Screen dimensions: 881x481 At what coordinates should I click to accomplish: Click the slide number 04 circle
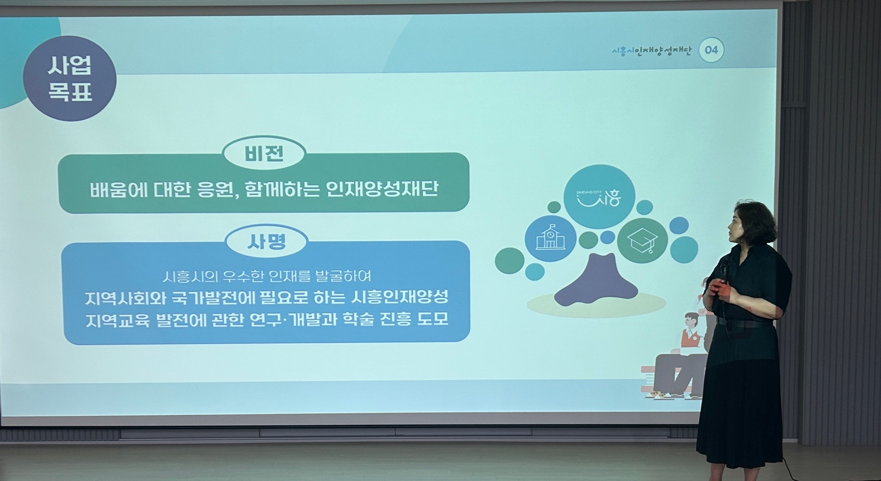click(x=711, y=50)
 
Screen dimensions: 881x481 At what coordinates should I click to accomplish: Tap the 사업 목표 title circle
click(x=69, y=78)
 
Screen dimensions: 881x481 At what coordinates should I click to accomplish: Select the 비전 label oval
click(x=264, y=154)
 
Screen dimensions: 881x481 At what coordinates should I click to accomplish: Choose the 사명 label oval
click(x=266, y=242)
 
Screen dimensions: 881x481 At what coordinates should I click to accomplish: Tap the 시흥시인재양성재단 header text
click(x=651, y=51)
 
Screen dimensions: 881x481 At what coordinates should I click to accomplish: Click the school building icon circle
click(x=550, y=238)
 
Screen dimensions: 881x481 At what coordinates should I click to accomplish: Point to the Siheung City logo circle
click(x=599, y=197)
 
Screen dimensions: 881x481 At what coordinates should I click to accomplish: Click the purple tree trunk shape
click(x=596, y=281)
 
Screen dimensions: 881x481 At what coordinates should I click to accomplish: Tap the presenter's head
click(x=750, y=224)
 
